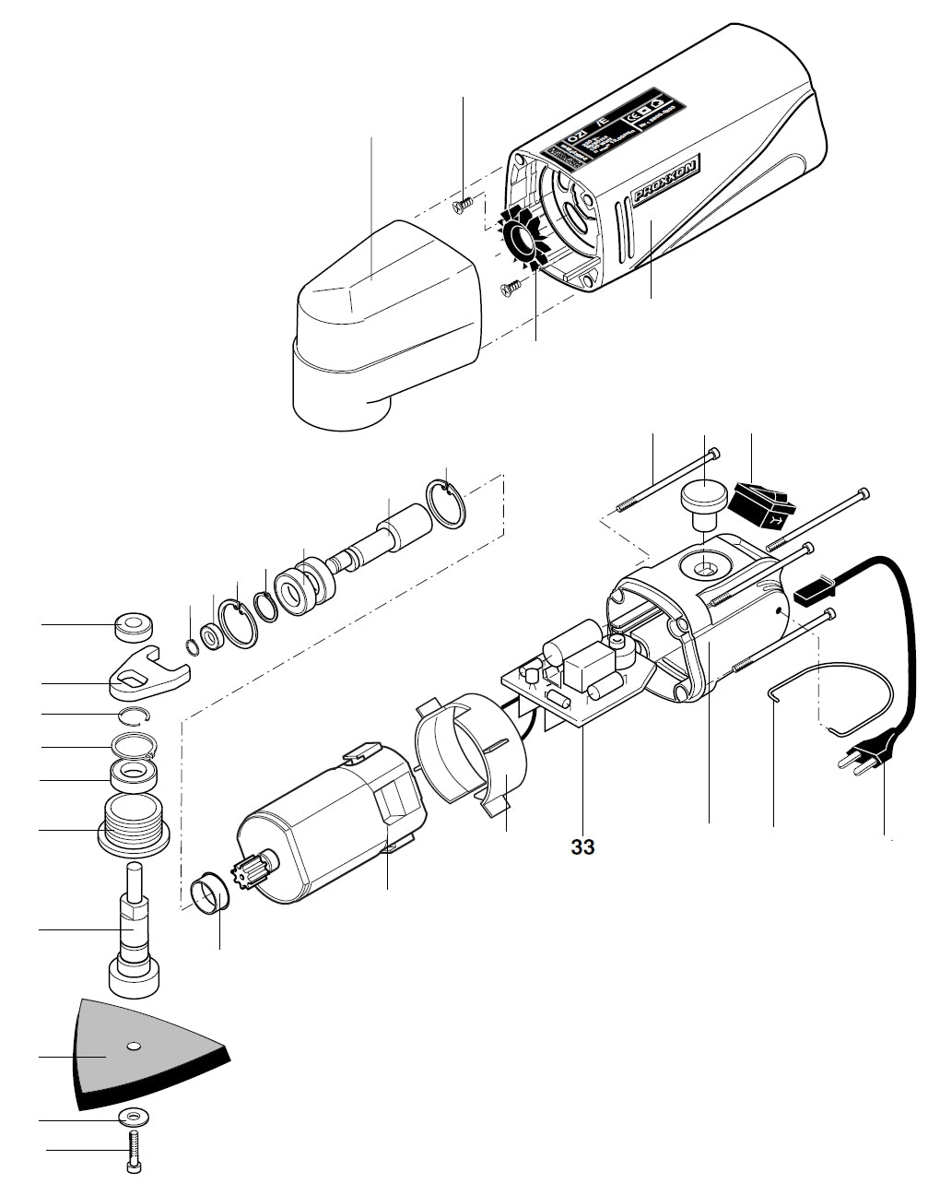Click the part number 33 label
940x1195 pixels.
582,846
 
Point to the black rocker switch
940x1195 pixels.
759,506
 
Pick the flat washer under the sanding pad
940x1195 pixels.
135,1118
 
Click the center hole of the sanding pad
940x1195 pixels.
134,1046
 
